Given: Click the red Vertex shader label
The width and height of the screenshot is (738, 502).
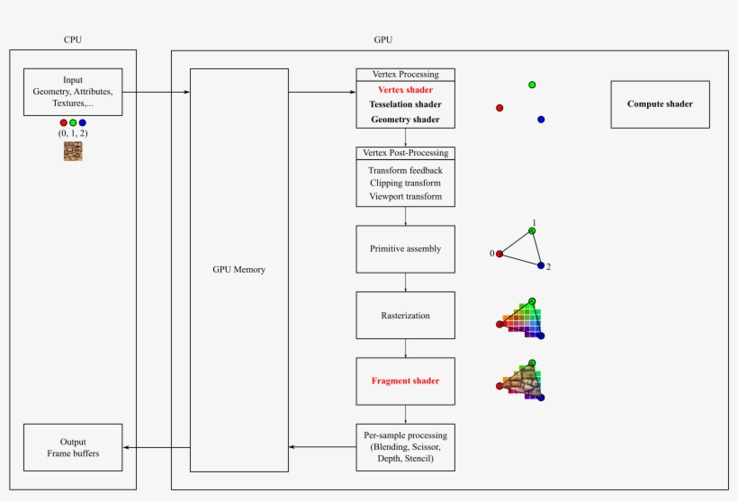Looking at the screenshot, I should point(405,90).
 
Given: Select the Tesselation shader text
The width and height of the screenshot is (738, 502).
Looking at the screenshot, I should point(405,104).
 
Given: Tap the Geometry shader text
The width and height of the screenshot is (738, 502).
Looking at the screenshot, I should point(405,119).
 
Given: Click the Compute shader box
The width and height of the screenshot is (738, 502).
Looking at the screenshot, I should point(660,103).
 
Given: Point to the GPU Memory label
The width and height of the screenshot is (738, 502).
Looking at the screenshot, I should point(238,269).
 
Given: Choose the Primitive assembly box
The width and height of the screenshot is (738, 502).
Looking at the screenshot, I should point(405,249).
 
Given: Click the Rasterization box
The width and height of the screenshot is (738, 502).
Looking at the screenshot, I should point(405,316).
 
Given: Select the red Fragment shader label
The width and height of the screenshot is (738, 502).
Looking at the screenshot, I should point(405,381).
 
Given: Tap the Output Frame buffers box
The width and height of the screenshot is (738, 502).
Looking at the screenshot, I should point(73,447).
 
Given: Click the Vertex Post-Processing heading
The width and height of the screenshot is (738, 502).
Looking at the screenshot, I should point(405,153).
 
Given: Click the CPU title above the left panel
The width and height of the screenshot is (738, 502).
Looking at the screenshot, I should point(73,40).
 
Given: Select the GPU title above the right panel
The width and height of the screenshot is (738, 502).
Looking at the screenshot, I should point(382,40).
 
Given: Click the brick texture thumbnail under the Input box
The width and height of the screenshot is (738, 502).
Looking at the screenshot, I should point(73,151).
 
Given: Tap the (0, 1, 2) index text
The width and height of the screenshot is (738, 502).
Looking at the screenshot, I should point(73,133).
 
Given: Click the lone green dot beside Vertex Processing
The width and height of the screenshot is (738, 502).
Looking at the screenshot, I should point(532,85).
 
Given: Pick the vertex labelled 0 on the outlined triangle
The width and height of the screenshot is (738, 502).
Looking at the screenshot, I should point(499,254).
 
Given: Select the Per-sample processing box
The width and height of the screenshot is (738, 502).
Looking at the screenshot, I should point(405,447).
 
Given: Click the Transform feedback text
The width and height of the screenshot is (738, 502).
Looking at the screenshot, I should point(405,170).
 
